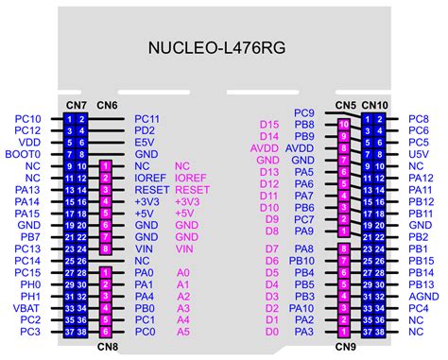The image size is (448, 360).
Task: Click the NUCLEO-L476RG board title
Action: pyautogui.click(x=224, y=47)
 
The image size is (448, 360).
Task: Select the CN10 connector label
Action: pyautogui.click(x=376, y=104)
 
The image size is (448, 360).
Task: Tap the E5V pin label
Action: pyautogui.click(x=145, y=142)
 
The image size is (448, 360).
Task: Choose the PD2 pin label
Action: pyautogui.click(x=145, y=130)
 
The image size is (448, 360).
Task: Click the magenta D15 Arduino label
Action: pyautogui.click(x=269, y=125)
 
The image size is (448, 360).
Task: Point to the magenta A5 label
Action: pyautogui.click(x=183, y=332)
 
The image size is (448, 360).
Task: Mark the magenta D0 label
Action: pyautogui.click(x=272, y=332)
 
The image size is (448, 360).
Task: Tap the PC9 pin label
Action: pyautogui.click(x=303, y=113)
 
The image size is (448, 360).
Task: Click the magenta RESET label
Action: pyautogui.click(x=192, y=189)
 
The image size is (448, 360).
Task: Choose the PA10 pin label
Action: pyautogui.click(x=302, y=308)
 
